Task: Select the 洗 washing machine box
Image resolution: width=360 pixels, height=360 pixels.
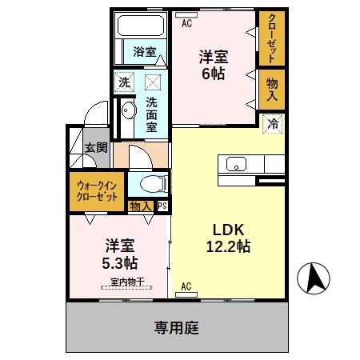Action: click(124, 82)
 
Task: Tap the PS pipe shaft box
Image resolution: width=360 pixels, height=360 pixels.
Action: click(162, 206)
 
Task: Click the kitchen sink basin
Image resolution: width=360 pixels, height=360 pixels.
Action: click(238, 165)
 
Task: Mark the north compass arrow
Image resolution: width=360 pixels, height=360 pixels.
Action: click(313, 279)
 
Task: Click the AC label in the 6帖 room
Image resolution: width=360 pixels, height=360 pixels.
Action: click(187, 24)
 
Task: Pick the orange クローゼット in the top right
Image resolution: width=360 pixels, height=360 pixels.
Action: click(271, 40)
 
